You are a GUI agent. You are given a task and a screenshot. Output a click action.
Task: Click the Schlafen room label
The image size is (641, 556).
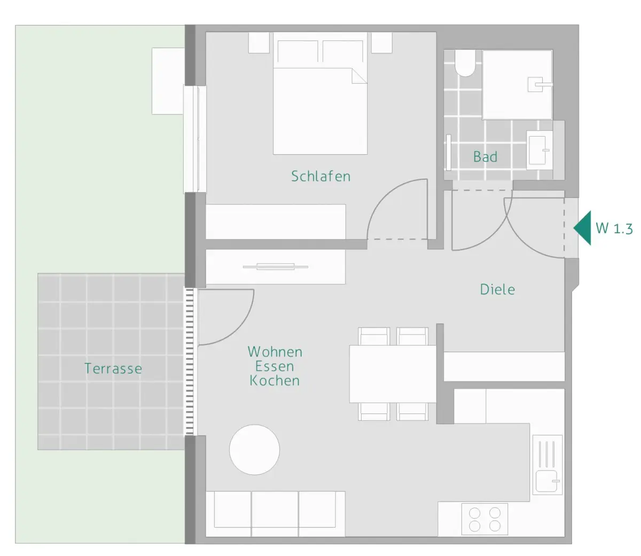(320, 176)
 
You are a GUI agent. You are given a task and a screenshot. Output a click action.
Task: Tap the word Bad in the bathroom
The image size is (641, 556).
(485, 157)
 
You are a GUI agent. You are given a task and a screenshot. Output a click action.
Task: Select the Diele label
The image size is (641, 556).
(497, 289)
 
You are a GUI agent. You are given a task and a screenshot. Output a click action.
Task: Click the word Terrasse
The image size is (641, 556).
(113, 368)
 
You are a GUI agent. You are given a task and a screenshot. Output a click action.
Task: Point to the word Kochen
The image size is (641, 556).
(275, 380)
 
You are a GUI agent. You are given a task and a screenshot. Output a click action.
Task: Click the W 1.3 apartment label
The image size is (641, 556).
(614, 228)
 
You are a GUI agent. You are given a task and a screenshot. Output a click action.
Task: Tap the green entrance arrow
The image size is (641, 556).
(582, 228)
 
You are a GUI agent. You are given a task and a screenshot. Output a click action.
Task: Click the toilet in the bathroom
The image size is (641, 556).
(465, 62)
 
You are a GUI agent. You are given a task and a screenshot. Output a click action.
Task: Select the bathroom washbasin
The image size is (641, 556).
(539, 150)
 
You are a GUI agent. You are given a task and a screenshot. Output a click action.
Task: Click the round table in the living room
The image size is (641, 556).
(254, 450)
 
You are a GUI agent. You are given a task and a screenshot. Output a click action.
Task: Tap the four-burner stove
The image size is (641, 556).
(484, 519)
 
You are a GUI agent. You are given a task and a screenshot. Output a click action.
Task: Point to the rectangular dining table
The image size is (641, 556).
(393, 374)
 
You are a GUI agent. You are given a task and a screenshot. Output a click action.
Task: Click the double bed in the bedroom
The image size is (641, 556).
(320, 93)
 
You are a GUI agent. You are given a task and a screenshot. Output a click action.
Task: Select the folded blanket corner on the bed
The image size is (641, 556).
(359, 76)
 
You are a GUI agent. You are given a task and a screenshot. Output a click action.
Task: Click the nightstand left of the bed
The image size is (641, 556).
(259, 43)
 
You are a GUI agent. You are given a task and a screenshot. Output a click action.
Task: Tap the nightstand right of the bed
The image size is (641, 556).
(381, 43)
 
